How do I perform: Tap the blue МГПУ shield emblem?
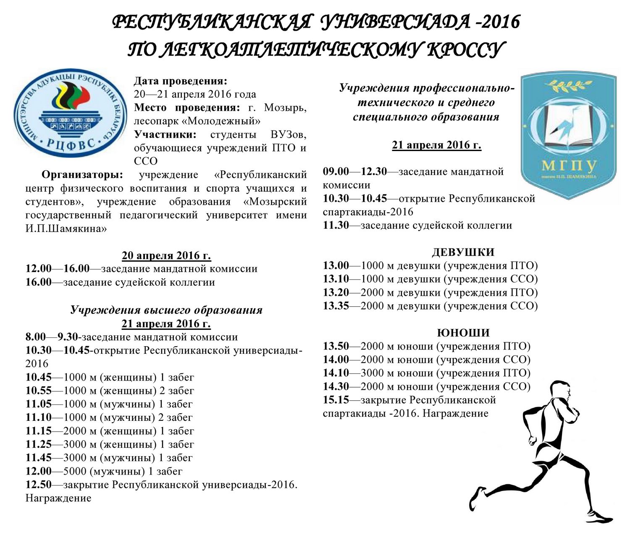tap(569, 131)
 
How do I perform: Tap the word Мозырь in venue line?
tap(285, 107)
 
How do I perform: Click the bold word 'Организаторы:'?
tap(82, 175)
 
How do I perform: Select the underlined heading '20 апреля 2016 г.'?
tap(166, 255)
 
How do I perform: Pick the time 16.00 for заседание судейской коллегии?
tap(38, 282)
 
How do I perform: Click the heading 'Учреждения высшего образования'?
tap(166, 310)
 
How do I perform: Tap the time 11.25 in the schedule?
tap(38, 444)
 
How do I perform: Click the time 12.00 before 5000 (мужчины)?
tap(38, 471)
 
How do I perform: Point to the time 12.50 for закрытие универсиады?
tap(38, 484)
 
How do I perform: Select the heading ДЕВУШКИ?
tap(463, 252)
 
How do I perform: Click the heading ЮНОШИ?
tap(463, 333)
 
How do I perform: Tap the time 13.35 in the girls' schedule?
tap(336, 306)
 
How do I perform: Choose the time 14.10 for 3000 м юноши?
tap(336, 373)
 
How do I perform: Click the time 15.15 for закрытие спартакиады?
tap(336, 400)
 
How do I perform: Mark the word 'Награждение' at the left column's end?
tap(58, 498)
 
